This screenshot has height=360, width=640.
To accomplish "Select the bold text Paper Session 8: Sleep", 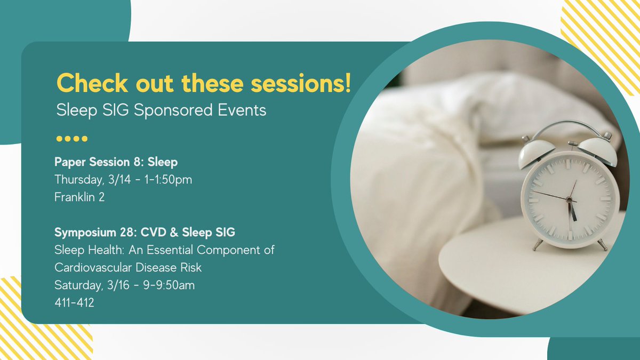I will click(116, 162).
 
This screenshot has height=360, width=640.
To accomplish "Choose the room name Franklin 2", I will click(80, 197).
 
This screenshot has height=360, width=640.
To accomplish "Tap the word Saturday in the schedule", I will click(77, 285).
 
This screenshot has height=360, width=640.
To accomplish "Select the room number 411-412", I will click(74, 302).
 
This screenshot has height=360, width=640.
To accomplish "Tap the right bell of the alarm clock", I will click(597, 151).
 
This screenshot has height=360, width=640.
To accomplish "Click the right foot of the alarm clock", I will click(602, 245).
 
